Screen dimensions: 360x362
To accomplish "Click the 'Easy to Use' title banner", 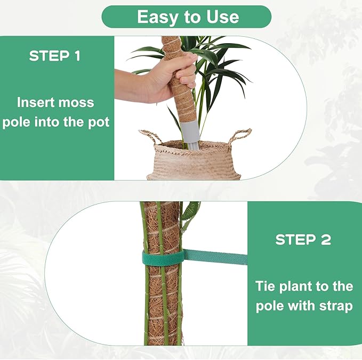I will [186, 17].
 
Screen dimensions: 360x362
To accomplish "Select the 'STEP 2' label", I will [303, 240].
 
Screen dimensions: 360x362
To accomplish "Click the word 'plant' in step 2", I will [301, 287].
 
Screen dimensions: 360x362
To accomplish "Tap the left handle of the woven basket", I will [149, 136].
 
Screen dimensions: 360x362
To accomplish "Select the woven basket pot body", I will [194, 162].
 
